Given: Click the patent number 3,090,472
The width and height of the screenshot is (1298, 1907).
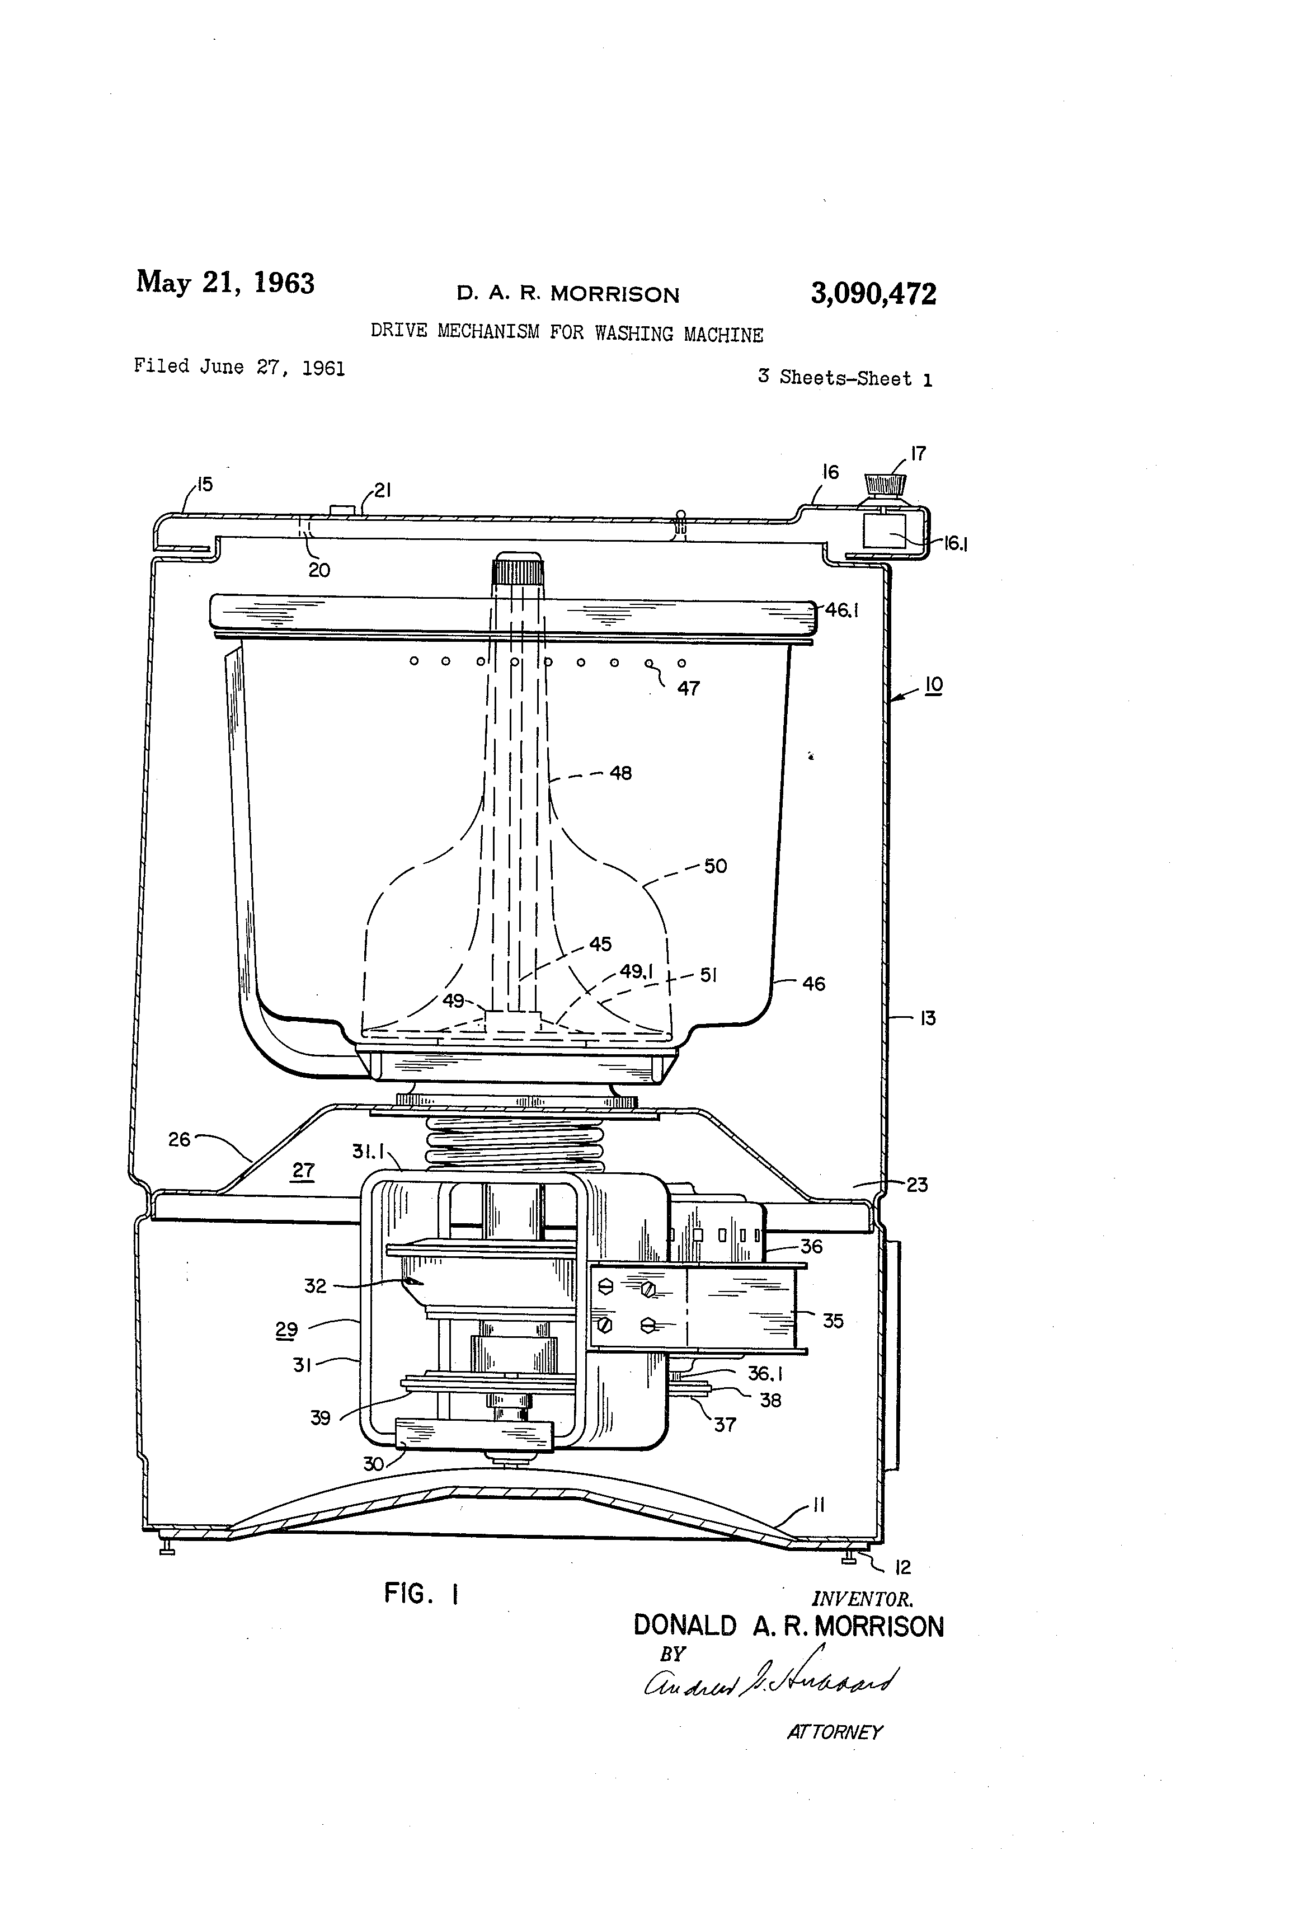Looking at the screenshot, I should (x=873, y=294).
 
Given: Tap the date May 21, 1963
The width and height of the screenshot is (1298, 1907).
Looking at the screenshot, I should (x=225, y=281).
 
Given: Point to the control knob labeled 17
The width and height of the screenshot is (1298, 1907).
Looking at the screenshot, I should (x=885, y=483).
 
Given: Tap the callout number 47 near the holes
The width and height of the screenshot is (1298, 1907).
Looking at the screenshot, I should (x=688, y=688).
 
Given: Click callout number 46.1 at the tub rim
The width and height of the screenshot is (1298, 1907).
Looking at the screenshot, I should (x=841, y=610).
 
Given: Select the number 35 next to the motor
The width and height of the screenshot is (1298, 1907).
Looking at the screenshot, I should (x=833, y=1320).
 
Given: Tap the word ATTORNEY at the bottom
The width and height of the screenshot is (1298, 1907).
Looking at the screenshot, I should (x=834, y=1732).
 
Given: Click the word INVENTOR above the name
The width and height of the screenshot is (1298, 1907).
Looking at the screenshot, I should (x=862, y=1599).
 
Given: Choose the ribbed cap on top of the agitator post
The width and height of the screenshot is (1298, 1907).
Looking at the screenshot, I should (x=518, y=568).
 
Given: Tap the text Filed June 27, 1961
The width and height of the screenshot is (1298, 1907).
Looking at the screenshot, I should (x=239, y=367).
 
